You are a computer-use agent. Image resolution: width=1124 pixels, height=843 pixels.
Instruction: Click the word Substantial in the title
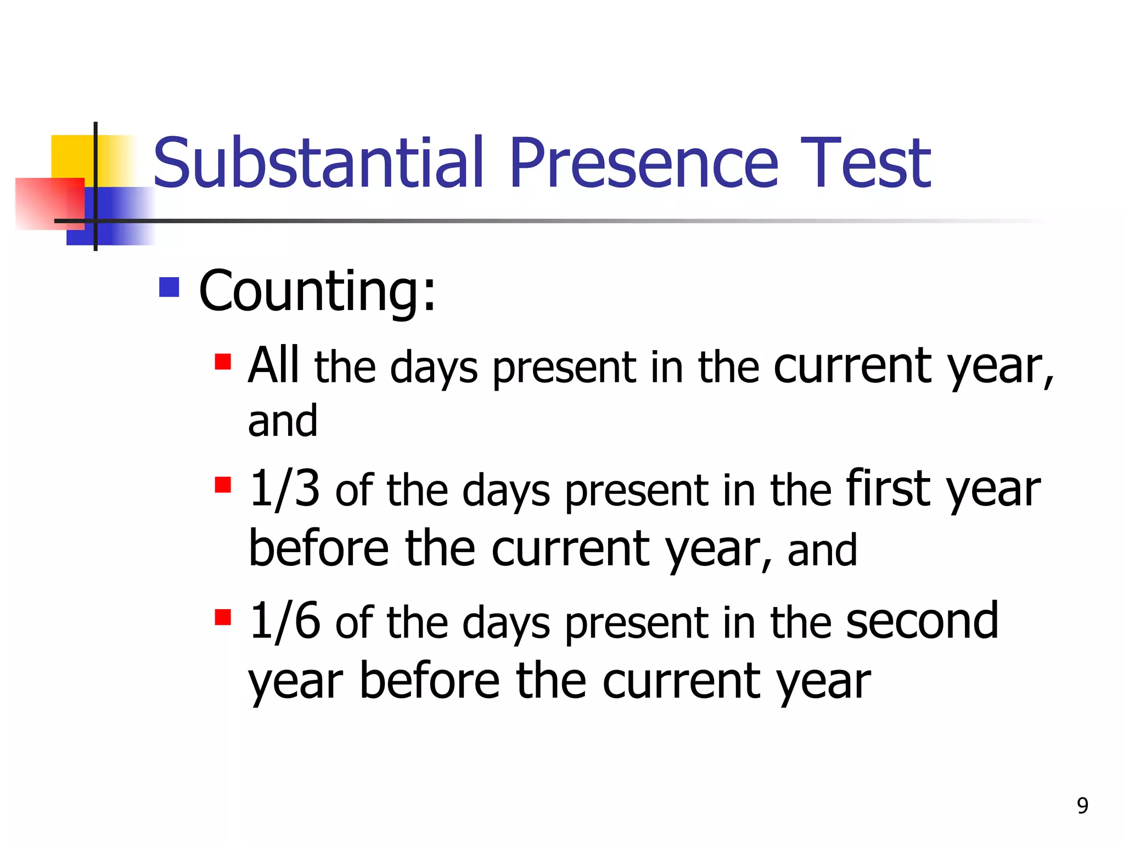[318, 163]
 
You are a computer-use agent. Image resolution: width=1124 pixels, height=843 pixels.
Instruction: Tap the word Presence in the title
[643, 163]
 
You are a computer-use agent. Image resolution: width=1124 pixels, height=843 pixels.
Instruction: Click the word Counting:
[317, 291]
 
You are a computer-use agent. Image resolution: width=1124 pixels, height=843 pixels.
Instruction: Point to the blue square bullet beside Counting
[169, 287]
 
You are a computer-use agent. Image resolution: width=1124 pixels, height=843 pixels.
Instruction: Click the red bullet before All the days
[223, 362]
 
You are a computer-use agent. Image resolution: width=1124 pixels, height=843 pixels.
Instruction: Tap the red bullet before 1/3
[223, 485]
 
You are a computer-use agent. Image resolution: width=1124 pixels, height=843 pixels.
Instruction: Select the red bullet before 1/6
[223, 617]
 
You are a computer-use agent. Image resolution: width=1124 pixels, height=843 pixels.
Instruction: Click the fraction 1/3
[284, 488]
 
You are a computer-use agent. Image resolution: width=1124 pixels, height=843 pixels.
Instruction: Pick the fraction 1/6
[284, 621]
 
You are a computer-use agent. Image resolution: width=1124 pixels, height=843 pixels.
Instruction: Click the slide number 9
[1082, 806]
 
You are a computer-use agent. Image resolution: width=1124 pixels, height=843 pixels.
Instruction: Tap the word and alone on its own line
[282, 421]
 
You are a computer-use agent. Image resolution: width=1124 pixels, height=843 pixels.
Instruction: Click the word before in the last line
[429, 681]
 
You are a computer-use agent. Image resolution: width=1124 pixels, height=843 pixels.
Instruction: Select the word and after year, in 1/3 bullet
[822, 550]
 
